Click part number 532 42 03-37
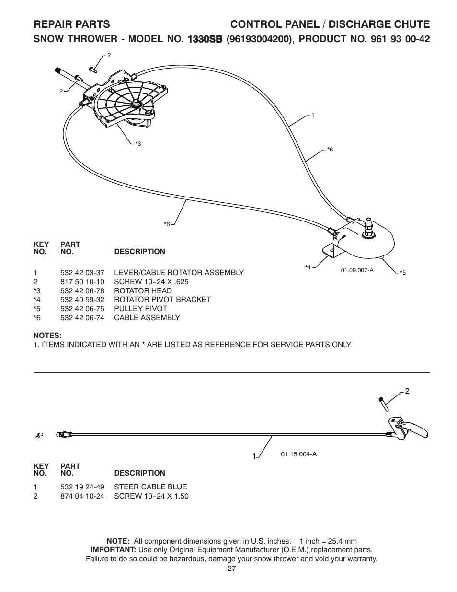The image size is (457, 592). click(x=82, y=273)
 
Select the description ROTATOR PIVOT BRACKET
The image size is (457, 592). click(x=162, y=300)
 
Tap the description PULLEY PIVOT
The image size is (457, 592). click(x=140, y=309)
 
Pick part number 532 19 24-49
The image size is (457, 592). click(x=82, y=487)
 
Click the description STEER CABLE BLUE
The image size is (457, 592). click(x=150, y=487)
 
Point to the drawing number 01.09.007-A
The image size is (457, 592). click(x=357, y=270)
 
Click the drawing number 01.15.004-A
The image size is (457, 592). click(x=298, y=454)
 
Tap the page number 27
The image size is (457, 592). click(x=231, y=569)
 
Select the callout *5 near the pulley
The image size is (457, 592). click(x=403, y=273)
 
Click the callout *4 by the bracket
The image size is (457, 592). click(x=308, y=267)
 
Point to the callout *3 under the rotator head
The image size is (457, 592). click(x=138, y=144)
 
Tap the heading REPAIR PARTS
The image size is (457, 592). click(x=72, y=24)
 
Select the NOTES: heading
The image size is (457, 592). click(x=47, y=335)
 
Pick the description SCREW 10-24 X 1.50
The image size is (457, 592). click(x=151, y=496)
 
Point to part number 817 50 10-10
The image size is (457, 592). click(x=82, y=282)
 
